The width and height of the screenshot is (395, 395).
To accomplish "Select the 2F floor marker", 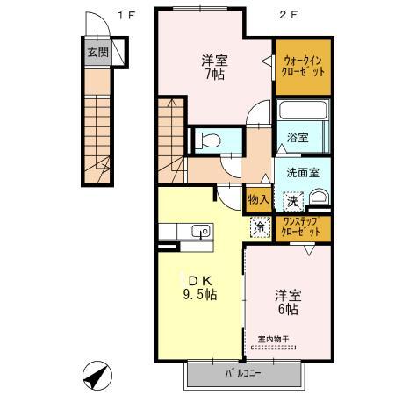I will [285, 14].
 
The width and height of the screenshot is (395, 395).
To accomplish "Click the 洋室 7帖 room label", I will [214, 68].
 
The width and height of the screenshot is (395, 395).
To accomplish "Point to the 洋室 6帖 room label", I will [286, 303].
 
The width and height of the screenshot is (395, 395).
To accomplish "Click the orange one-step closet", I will [302, 228].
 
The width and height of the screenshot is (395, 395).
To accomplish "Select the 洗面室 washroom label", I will [302, 172].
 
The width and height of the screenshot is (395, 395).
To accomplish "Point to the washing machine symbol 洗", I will [292, 200].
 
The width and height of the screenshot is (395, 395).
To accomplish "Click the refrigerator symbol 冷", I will [259, 226].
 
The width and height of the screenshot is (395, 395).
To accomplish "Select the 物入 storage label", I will [257, 199].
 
